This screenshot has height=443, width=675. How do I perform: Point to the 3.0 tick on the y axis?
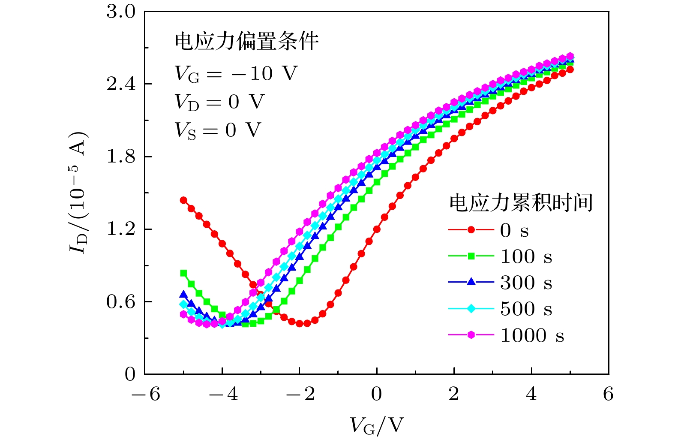pos(121,12)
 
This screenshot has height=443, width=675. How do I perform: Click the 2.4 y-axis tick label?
pos(121,84)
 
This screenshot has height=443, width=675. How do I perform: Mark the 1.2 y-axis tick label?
pos(121,229)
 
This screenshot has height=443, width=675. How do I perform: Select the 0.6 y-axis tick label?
pos(121,302)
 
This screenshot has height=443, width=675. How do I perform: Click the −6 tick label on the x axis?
pos(146,394)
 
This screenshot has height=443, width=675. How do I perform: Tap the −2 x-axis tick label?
pos(300,394)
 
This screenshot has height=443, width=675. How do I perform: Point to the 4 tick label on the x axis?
pos(531,394)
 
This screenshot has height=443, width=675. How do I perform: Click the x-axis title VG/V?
pos(377,425)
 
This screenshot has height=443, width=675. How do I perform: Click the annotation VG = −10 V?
pos(235,74)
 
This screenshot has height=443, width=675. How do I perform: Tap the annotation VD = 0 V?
pos(219,102)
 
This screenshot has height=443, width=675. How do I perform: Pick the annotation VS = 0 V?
pos(218,130)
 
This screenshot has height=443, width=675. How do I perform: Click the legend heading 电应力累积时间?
pos(521,202)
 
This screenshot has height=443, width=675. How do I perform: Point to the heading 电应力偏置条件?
pos(246,42)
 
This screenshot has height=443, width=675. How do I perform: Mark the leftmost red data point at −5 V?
pos(183,200)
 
